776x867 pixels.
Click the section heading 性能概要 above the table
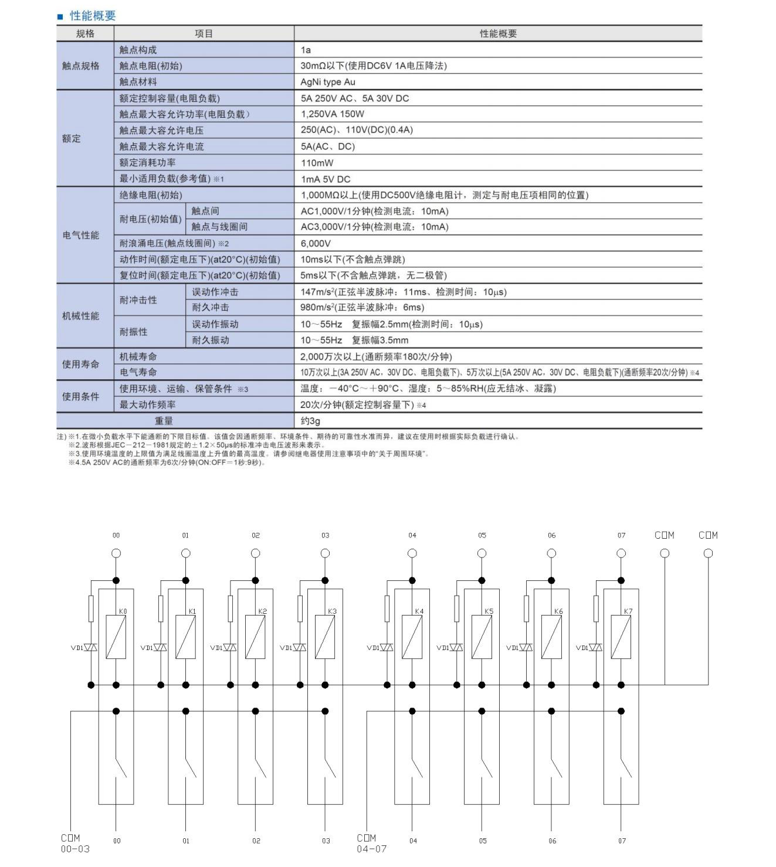(92, 16)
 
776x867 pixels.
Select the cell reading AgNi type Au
(328, 82)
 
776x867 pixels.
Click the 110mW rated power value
(317, 163)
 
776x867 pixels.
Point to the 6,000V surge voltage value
(316, 243)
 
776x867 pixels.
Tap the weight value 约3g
(310, 421)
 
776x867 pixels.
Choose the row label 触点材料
(138, 82)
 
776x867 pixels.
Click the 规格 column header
(85, 33)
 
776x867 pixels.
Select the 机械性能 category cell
(81, 316)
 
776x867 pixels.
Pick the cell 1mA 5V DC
(326, 179)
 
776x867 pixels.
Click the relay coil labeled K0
(116, 637)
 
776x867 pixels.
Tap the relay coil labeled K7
(621, 637)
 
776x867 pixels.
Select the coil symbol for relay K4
(412, 637)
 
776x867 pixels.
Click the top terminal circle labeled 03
(326, 553)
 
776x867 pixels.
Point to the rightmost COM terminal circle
(708, 553)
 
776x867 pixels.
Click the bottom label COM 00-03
(74, 843)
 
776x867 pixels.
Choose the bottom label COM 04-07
(371, 843)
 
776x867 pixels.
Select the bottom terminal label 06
(552, 841)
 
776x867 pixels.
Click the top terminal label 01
(185, 535)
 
